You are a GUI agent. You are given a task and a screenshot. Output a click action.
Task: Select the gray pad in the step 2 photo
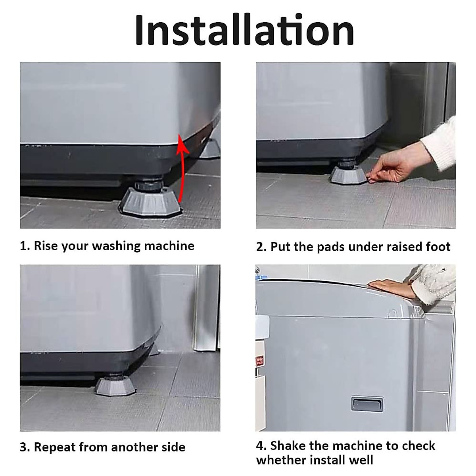coord(349,175)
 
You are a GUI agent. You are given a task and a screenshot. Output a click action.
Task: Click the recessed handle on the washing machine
coord(367,404)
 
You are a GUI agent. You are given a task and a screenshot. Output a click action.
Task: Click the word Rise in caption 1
coord(44,246)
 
